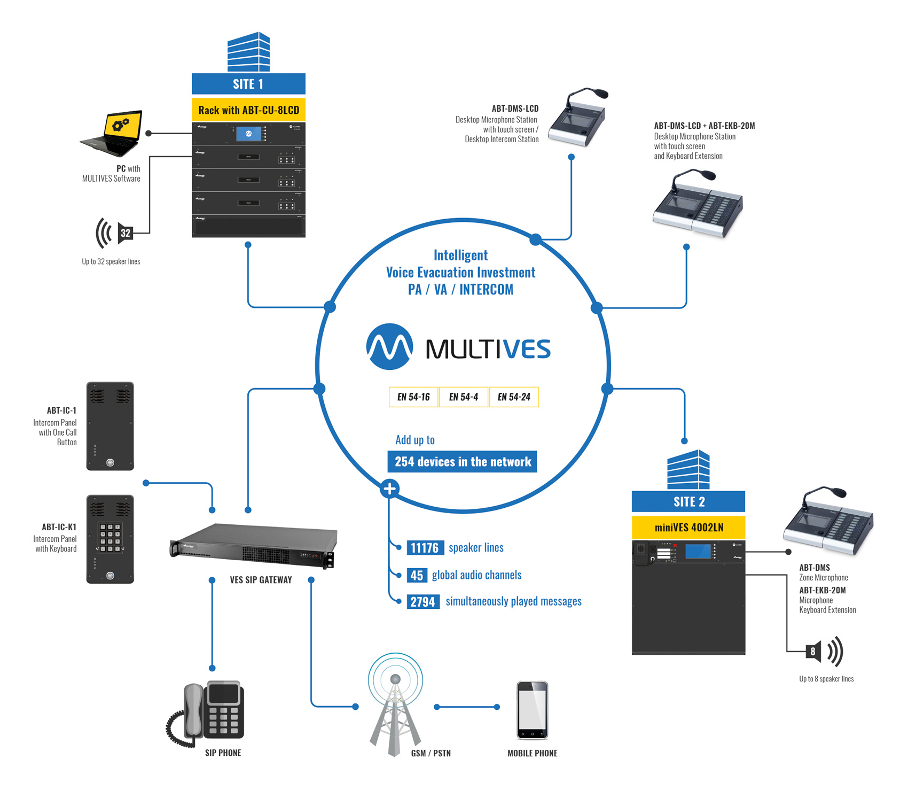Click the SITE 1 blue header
click(x=248, y=84)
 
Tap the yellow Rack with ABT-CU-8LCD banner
click(x=248, y=110)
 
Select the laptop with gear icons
click(x=113, y=133)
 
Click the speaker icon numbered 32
click(x=124, y=233)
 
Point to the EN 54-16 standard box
click(x=413, y=397)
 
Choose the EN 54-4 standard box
click(x=463, y=397)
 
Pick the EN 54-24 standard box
click(x=514, y=397)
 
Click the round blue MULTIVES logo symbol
click(x=389, y=347)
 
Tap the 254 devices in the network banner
click(x=462, y=462)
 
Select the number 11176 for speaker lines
click(x=425, y=548)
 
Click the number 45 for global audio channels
click(x=417, y=575)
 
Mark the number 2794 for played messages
click(x=422, y=602)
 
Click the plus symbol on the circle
click(x=390, y=489)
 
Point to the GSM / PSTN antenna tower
click(x=395, y=706)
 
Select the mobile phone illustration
click(x=532, y=710)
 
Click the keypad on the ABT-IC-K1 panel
click(x=110, y=537)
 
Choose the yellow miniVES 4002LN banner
click(x=688, y=528)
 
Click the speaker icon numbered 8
click(x=814, y=652)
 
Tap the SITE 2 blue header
click(x=688, y=501)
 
